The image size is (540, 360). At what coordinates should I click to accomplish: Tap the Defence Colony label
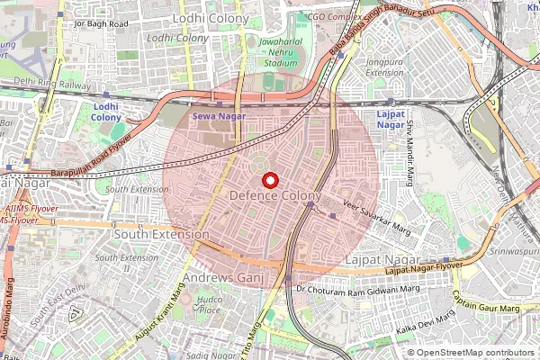tap(274, 196)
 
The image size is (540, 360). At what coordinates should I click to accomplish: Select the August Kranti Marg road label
tap(154, 307)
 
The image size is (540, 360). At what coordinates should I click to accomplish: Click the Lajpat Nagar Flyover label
tap(422, 268)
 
